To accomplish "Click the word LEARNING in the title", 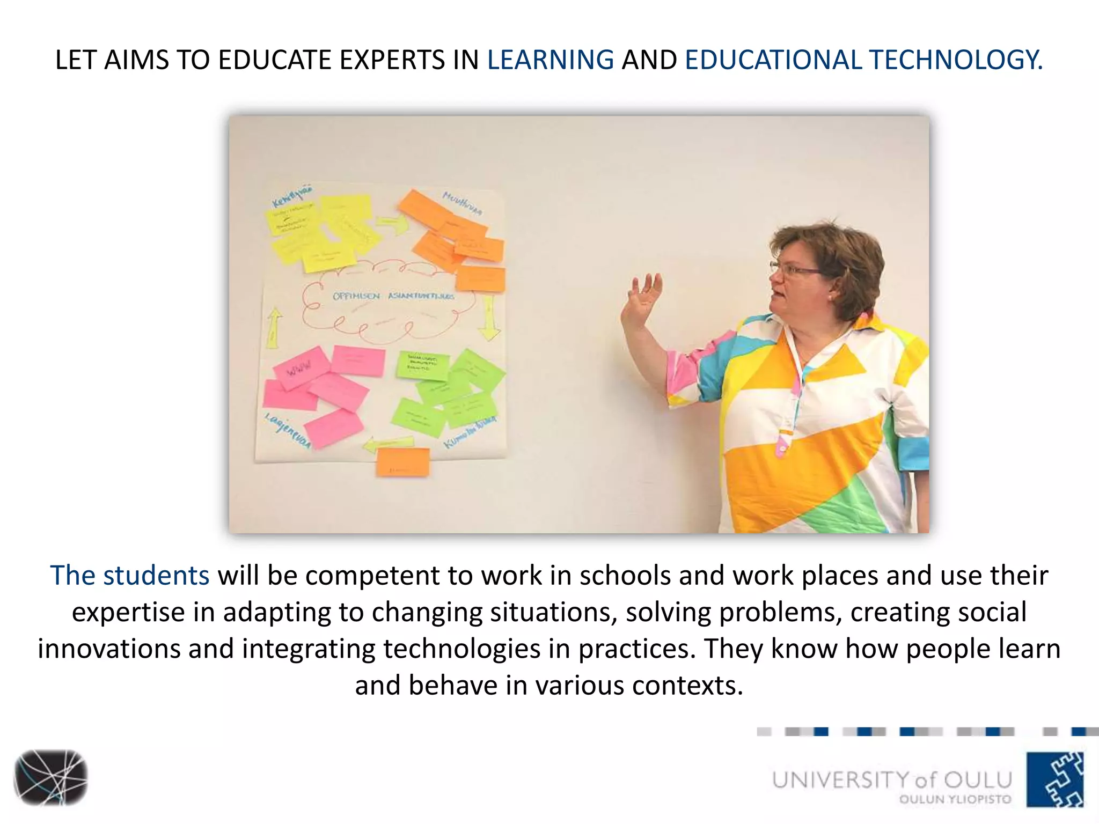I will click(x=550, y=60).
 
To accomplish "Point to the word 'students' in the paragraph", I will click(x=156, y=576).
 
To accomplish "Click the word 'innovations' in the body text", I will click(x=109, y=649).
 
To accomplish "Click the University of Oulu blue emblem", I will click(x=1055, y=779).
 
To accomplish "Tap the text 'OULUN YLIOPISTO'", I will click(x=955, y=799).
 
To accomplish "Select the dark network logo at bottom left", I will click(x=50, y=777).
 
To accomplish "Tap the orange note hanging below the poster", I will click(x=403, y=462).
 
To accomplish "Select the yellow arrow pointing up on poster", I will click(x=274, y=327).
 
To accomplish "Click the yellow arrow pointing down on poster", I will click(x=488, y=320).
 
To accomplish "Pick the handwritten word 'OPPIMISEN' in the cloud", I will click(x=356, y=296).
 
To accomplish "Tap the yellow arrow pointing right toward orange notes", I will click(x=391, y=224).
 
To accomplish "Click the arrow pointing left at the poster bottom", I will click(x=387, y=443).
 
